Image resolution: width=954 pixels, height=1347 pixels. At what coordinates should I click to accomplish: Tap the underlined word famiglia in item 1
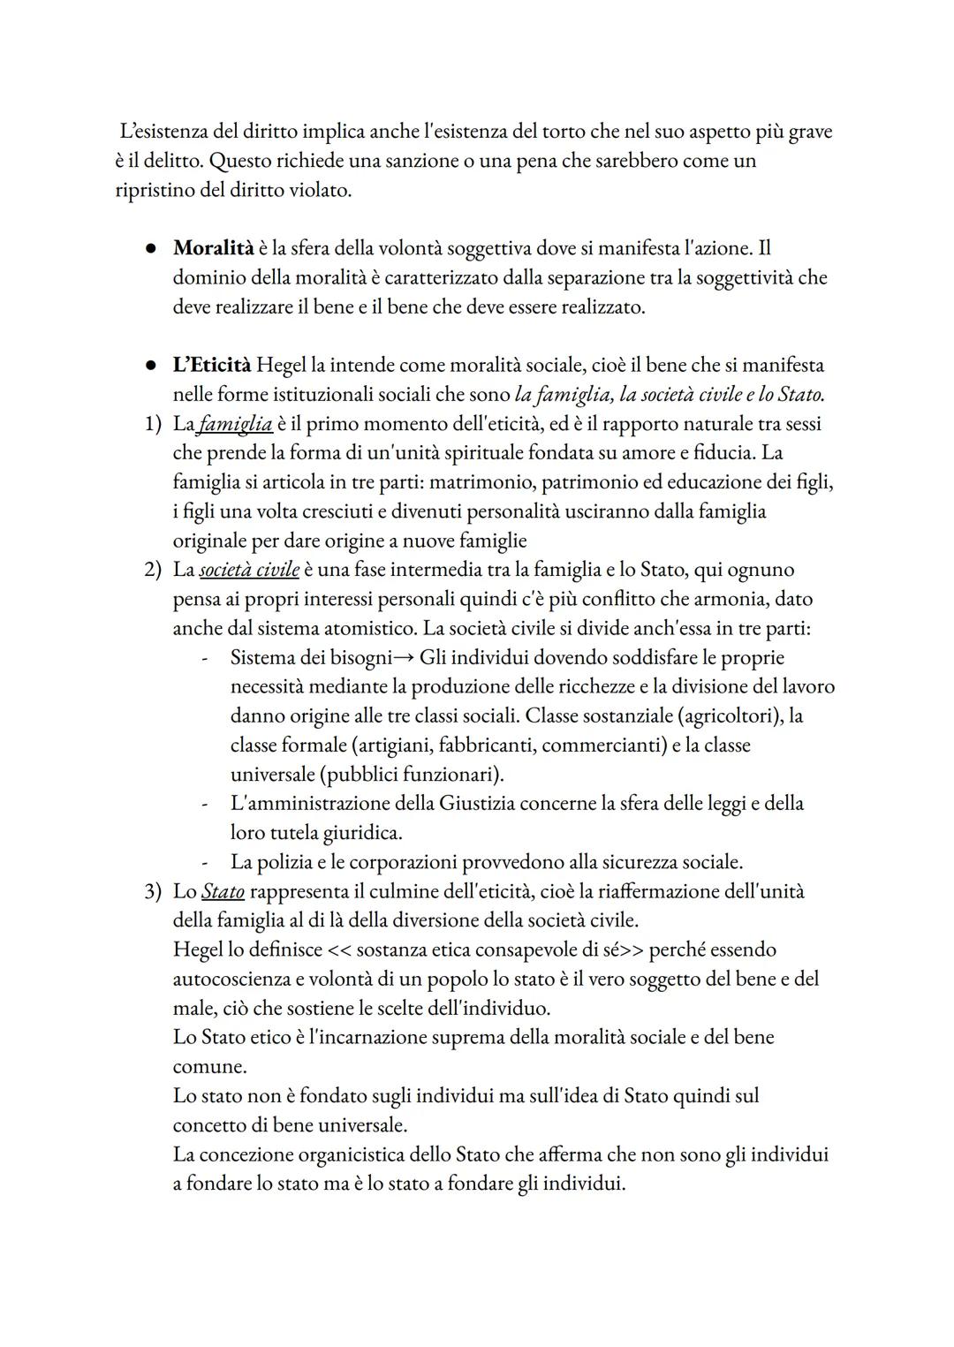[x=235, y=424]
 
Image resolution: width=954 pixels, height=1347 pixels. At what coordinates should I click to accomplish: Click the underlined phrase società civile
[x=249, y=570]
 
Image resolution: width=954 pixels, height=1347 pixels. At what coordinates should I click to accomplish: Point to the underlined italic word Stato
[x=223, y=891]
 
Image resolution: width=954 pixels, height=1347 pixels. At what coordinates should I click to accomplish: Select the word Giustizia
[x=489, y=804]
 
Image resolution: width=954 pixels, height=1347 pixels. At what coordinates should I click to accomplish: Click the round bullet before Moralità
[x=152, y=249]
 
